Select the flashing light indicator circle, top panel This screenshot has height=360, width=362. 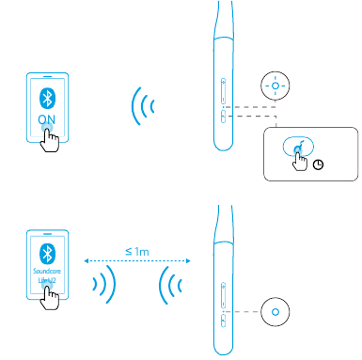[x=275, y=85]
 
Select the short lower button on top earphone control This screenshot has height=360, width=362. [x=223, y=117]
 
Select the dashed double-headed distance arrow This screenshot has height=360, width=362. [x=135, y=261]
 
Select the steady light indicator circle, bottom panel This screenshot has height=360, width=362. [x=275, y=310]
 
